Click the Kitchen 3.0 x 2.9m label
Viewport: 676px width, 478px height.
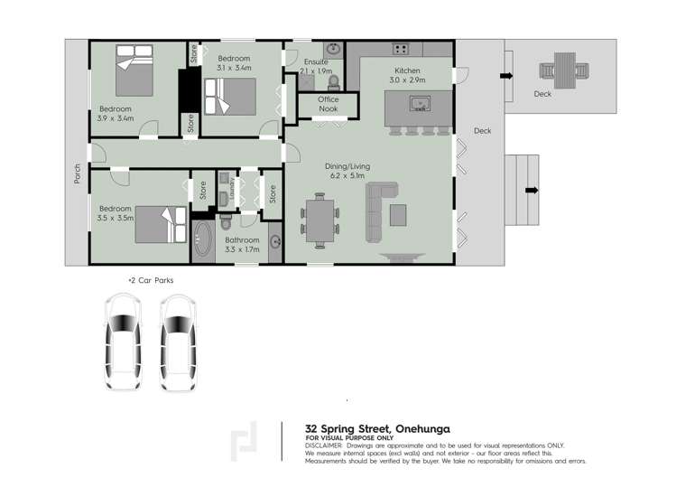(407, 76)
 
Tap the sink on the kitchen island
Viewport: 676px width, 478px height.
(420, 104)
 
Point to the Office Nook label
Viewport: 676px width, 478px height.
(328, 104)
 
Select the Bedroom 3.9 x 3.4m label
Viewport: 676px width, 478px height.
(116, 114)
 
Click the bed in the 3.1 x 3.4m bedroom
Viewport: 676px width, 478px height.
(228, 96)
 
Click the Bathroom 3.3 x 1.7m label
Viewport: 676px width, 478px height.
(241, 244)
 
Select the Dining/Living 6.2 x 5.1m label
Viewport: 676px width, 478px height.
(345, 171)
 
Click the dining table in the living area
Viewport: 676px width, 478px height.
(319, 220)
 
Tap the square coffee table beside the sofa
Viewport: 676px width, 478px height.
(398, 213)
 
